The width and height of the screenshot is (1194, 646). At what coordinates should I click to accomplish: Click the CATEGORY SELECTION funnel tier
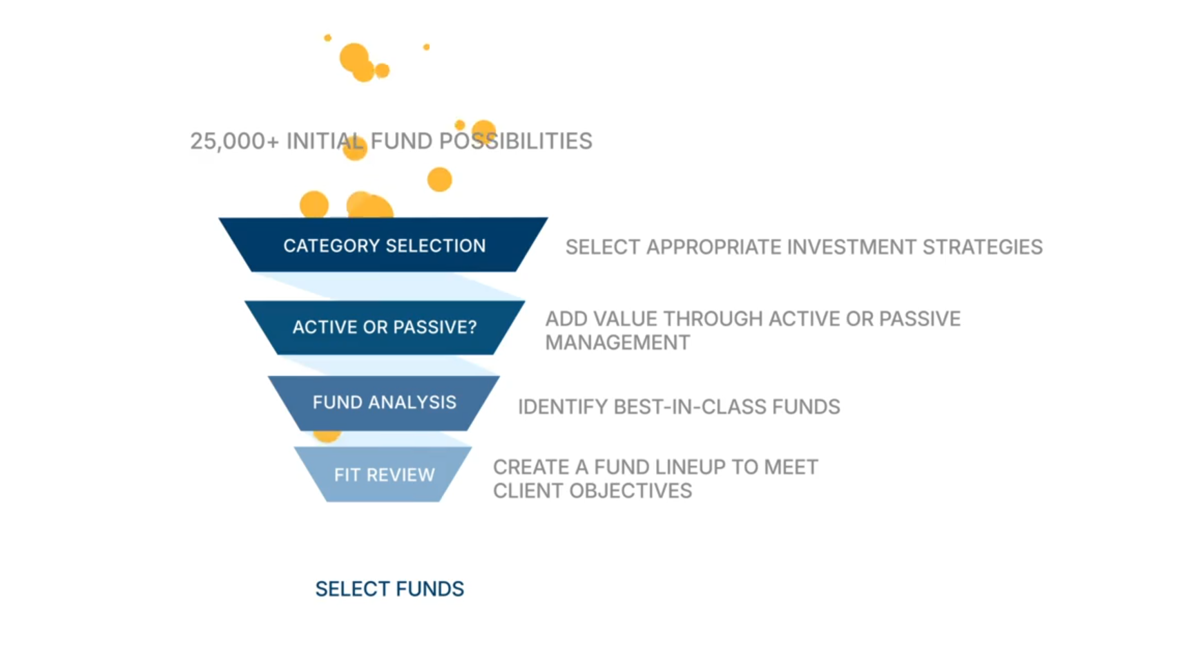(384, 245)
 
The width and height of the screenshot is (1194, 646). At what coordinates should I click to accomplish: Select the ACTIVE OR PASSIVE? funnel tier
(385, 327)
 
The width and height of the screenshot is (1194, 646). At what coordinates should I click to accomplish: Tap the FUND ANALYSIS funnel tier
(384, 403)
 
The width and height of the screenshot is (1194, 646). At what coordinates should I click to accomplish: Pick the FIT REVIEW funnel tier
(383, 475)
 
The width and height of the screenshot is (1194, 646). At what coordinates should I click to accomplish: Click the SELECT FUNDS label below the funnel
(389, 589)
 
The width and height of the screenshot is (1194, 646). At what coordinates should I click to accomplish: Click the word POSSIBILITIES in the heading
(516, 141)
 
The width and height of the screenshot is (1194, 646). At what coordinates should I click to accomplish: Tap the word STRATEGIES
(983, 247)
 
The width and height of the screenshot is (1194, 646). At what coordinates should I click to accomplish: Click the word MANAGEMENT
(617, 343)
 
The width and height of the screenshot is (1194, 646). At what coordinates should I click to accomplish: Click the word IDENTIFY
(563, 407)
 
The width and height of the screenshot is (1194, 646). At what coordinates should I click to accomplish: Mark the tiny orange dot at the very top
(328, 38)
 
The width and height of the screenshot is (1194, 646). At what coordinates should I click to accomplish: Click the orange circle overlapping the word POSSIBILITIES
(484, 132)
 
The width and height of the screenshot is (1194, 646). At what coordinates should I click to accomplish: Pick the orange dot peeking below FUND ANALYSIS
(327, 435)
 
